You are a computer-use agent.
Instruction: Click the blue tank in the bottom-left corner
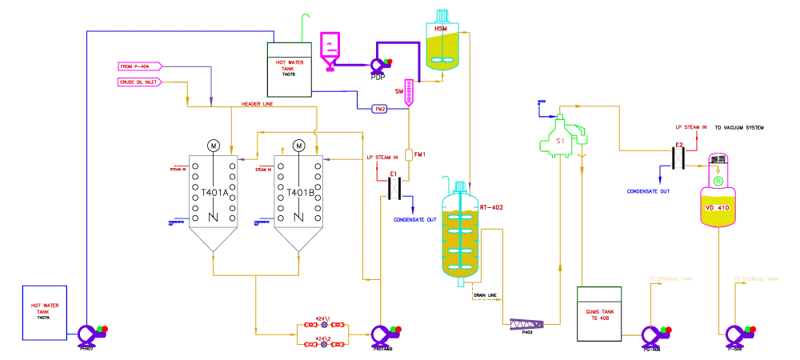tap(45, 312)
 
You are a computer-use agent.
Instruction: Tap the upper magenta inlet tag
tap(139, 66)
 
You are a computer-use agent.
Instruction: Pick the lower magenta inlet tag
tap(139, 81)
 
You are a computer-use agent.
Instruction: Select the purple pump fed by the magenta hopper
tap(377, 66)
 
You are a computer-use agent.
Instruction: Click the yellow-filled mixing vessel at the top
tap(442, 44)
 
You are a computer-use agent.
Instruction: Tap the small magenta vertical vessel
tap(409, 91)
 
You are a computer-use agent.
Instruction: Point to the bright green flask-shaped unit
tap(562, 138)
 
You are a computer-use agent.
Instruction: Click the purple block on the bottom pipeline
tap(525, 324)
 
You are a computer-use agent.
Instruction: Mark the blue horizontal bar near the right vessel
tap(648, 191)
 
